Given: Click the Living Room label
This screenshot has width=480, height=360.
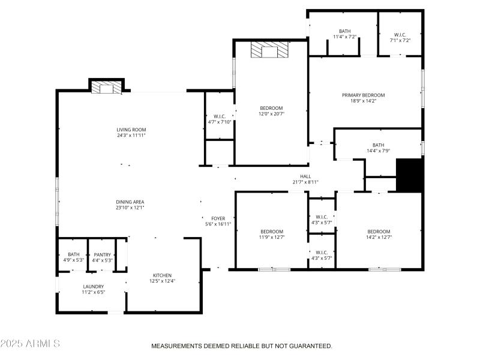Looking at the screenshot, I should [x=131, y=130].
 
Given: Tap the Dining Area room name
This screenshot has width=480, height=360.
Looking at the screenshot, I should [x=130, y=202].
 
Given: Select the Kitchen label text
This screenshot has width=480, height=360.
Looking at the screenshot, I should [x=163, y=275].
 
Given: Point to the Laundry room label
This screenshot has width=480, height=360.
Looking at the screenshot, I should [x=93, y=287].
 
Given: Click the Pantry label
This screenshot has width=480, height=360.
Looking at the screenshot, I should [x=102, y=254].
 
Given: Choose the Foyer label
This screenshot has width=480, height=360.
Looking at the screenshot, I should [x=218, y=218].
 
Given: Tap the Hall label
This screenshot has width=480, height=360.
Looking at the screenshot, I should [x=305, y=176].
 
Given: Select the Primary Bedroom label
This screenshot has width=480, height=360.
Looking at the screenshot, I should [x=363, y=95].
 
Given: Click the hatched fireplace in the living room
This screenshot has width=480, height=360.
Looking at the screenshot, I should [x=106, y=88].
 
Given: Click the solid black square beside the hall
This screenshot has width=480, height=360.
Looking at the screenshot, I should [x=410, y=175].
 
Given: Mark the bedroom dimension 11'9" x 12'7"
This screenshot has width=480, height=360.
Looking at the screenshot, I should [x=272, y=237].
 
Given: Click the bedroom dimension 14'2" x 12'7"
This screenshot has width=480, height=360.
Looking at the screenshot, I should [x=379, y=237].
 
